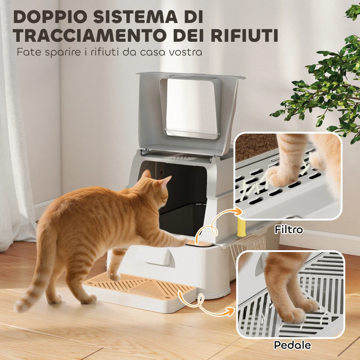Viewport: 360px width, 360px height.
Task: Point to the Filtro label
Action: [289, 230]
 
